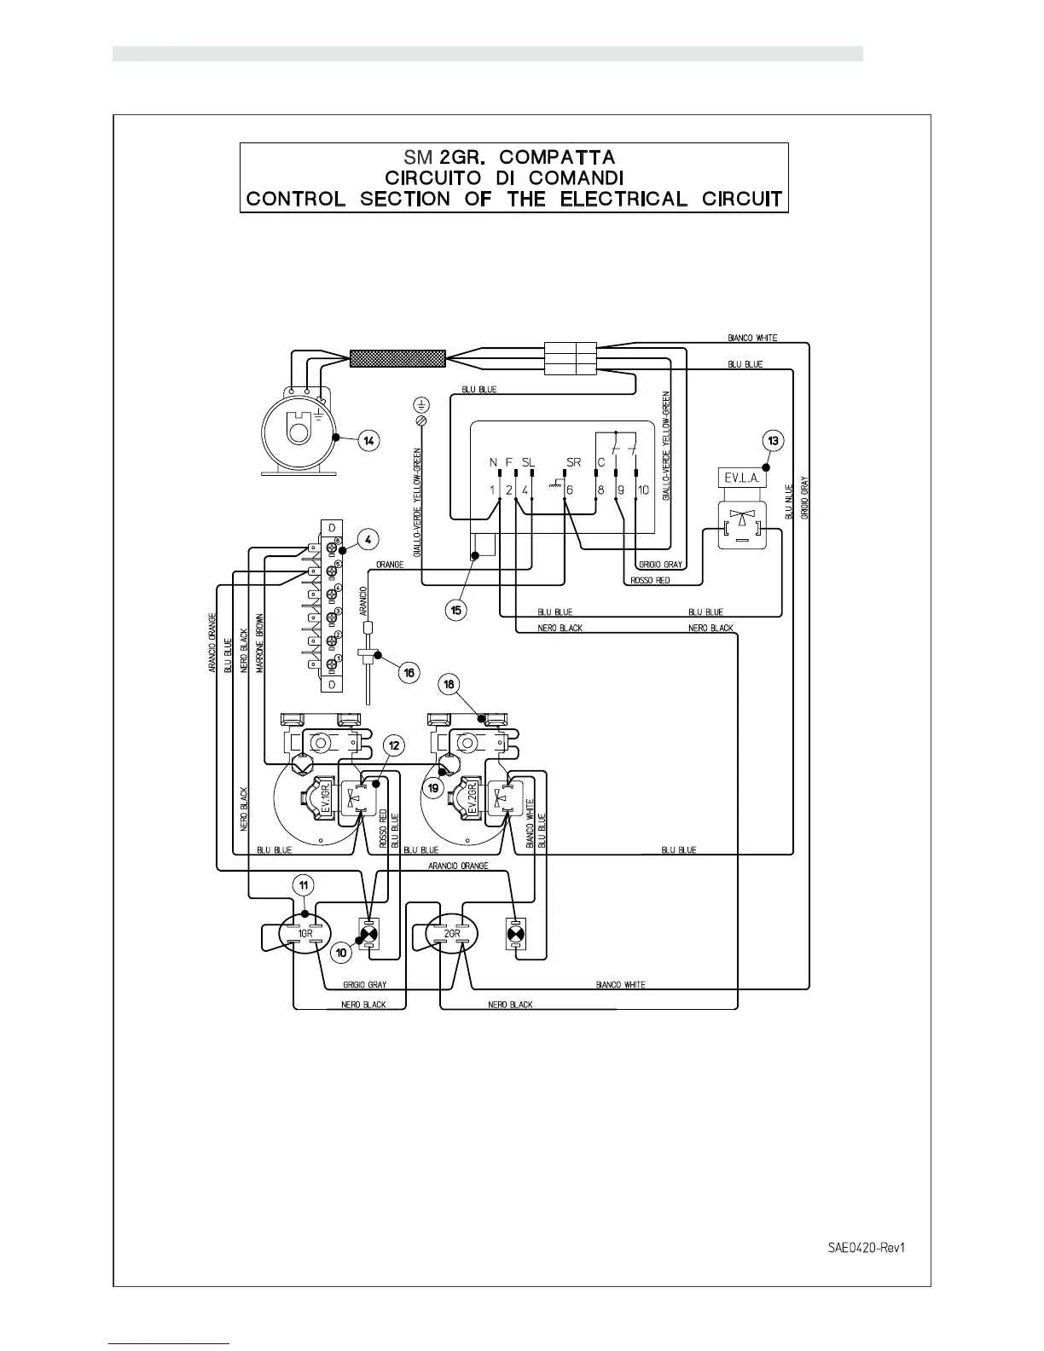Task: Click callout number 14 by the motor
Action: coord(368,441)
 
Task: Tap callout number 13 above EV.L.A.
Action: coord(773,441)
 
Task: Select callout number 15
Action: coord(457,610)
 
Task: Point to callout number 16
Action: coord(409,672)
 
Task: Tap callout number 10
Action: coord(341,951)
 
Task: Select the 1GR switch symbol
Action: coord(304,934)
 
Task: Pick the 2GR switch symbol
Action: coord(452,934)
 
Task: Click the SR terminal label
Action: coord(572,462)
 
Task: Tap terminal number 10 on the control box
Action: coord(643,490)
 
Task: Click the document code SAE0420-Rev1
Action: coord(865,1247)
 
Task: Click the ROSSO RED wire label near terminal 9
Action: coord(650,581)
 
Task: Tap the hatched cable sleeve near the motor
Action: coord(397,358)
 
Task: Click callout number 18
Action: coord(449,684)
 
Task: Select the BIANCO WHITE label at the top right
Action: coord(752,338)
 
